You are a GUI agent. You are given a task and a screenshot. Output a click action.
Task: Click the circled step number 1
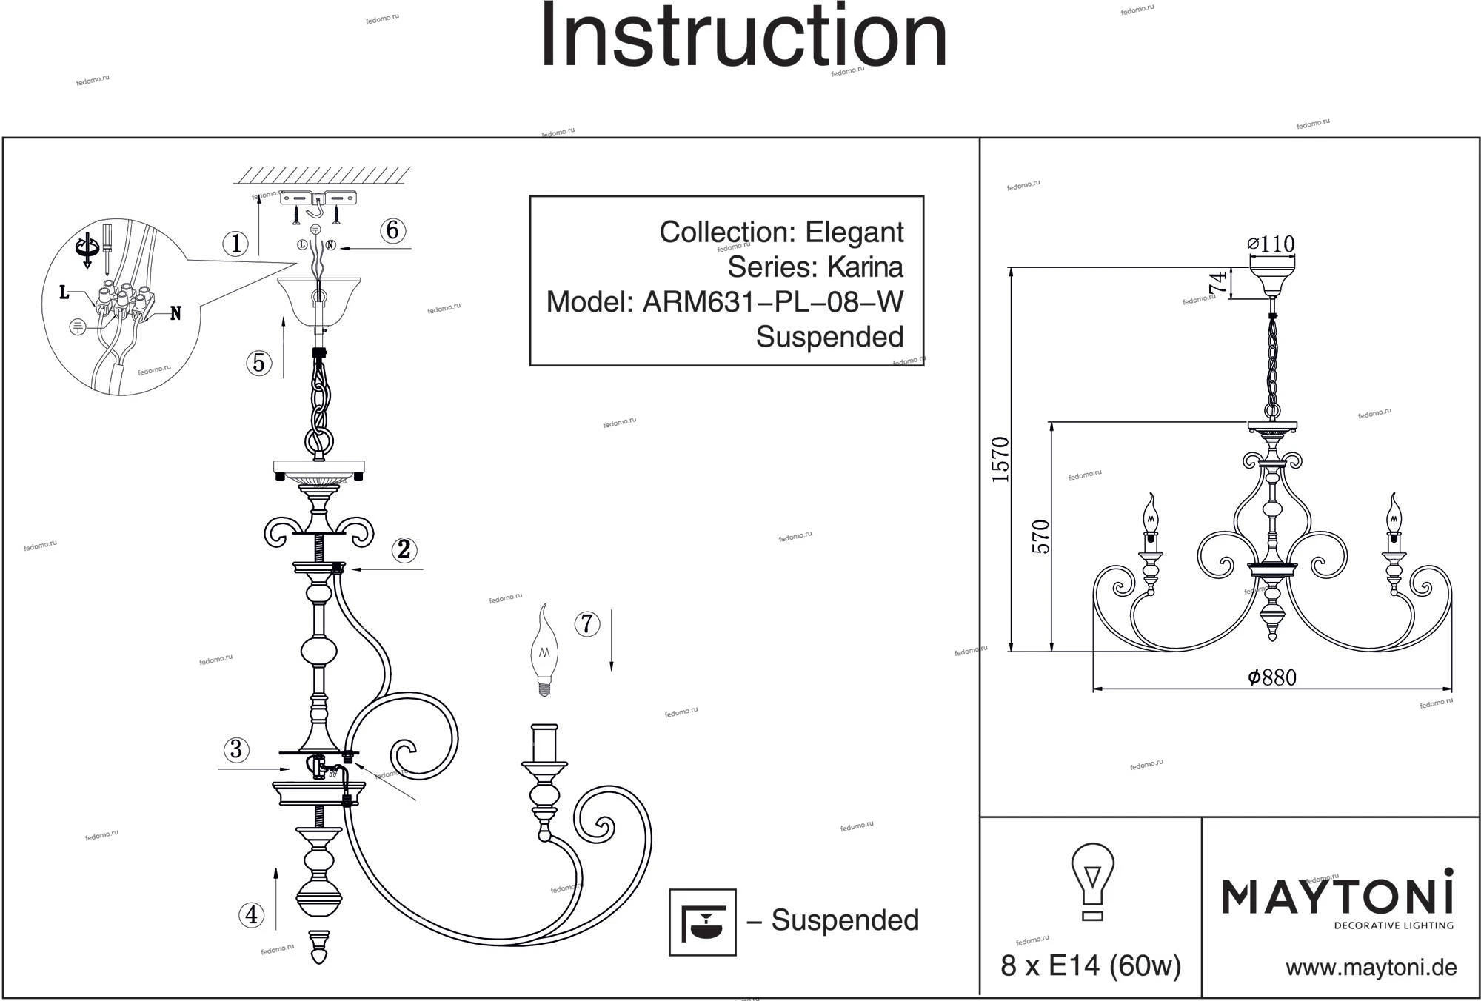[235, 244]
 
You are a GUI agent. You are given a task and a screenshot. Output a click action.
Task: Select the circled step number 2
[404, 549]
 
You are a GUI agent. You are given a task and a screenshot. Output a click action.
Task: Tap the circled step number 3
[235, 749]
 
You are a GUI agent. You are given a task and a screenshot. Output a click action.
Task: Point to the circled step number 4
[252, 915]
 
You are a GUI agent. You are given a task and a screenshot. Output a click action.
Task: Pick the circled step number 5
[258, 363]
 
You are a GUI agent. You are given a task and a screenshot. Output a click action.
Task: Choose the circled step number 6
[392, 230]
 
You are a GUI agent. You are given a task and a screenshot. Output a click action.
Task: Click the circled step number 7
[587, 624]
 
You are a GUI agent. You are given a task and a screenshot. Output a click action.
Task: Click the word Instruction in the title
[743, 37]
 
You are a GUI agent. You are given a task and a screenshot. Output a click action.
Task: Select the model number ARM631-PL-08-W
[772, 302]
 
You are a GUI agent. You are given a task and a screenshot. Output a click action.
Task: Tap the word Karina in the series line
[864, 267]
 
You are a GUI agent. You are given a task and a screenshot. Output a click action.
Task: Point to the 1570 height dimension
[1000, 460]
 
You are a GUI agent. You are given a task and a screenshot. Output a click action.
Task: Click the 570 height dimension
[1041, 537]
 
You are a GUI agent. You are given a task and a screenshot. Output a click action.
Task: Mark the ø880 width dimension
[1271, 677]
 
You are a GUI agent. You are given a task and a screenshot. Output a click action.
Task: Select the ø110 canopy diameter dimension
[1271, 244]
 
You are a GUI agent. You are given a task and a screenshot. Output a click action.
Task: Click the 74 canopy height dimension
[1217, 284]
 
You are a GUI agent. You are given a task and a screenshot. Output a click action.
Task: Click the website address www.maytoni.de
[1371, 967]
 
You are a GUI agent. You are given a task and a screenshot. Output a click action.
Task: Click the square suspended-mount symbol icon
[702, 922]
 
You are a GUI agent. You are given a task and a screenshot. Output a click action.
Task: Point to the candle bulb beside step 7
[544, 651]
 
